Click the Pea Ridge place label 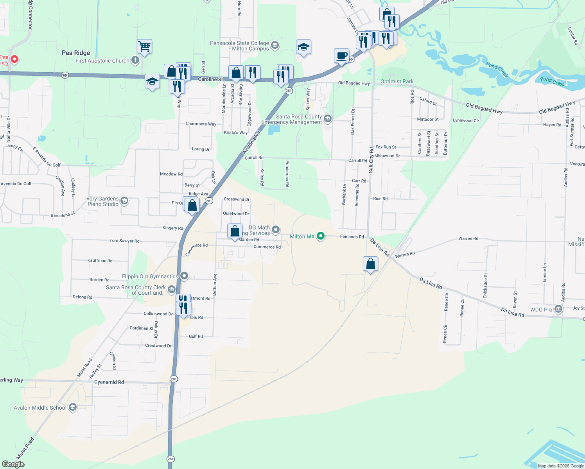click(x=76, y=53)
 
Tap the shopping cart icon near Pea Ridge click(x=144, y=47)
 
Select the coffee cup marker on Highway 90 click(x=341, y=56)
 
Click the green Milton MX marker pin click(x=321, y=236)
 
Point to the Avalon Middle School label click(x=40, y=408)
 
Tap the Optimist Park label click(x=397, y=81)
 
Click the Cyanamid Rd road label click(x=109, y=382)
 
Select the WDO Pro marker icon click(x=558, y=309)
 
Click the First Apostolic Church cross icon click(x=135, y=60)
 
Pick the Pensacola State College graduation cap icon click(x=275, y=45)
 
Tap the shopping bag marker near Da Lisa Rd click(x=370, y=264)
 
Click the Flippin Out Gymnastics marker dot click(x=184, y=276)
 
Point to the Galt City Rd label click(x=371, y=160)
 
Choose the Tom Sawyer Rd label click(x=124, y=241)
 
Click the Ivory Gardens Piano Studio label click(x=102, y=201)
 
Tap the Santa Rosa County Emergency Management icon click(x=328, y=118)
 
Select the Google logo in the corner click(x=13, y=464)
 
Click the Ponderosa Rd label click(x=287, y=174)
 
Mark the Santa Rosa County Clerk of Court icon click(x=171, y=290)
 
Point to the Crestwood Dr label click(x=158, y=345)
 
